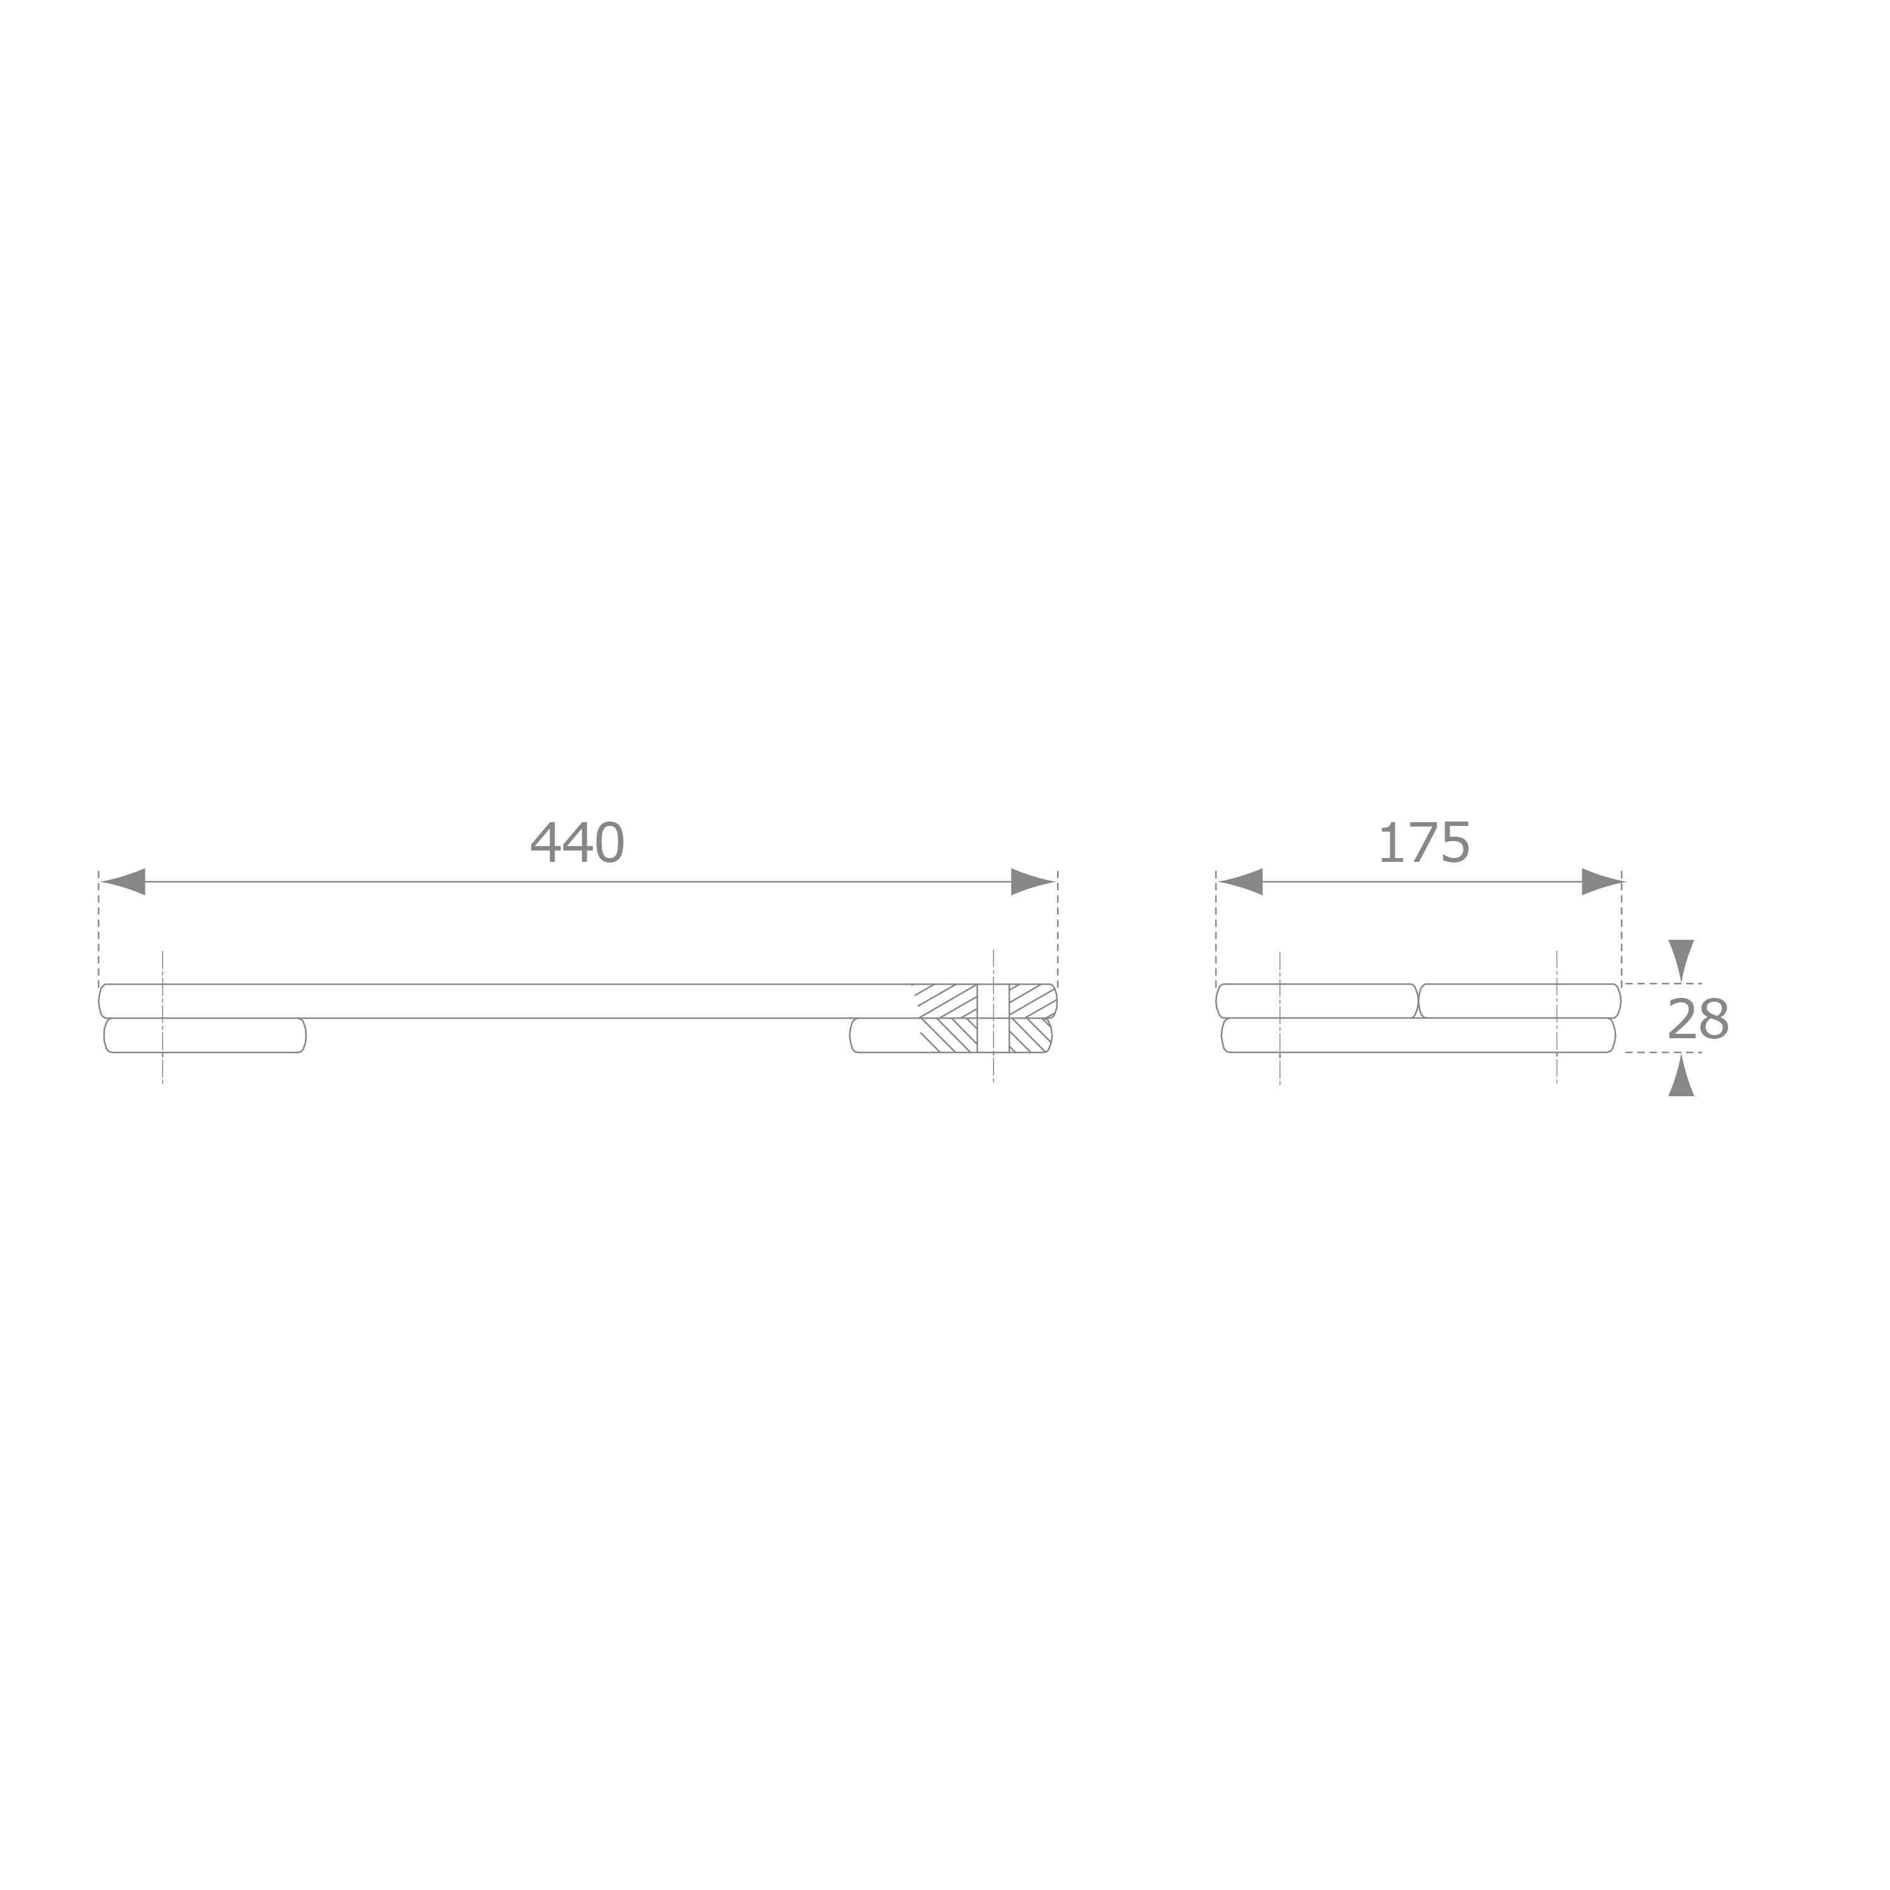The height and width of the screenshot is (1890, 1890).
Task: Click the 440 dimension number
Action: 577,842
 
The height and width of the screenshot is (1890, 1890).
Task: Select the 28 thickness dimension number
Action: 1698,1019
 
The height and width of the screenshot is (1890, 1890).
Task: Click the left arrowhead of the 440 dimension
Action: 122,881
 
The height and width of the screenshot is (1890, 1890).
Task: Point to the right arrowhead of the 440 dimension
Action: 1033,881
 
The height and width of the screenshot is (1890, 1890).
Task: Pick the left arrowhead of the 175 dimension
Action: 1239,881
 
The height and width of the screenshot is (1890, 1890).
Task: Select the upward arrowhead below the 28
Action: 1681,1074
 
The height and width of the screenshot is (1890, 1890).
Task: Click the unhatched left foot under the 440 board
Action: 205,1035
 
